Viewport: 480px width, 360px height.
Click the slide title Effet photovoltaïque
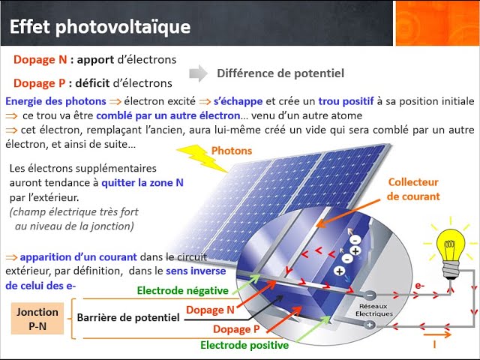click(x=100, y=27)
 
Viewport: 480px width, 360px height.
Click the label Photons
click(x=232, y=151)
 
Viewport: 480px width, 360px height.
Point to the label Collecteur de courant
click(x=413, y=189)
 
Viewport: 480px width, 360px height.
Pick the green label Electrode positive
click(x=244, y=345)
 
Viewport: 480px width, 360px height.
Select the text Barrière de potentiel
click(x=128, y=318)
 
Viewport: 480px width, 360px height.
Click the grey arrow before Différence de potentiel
click(x=198, y=73)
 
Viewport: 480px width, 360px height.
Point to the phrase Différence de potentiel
click(x=280, y=73)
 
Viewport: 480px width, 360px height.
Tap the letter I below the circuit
click(x=435, y=344)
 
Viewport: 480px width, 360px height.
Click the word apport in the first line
click(x=109, y=59)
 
